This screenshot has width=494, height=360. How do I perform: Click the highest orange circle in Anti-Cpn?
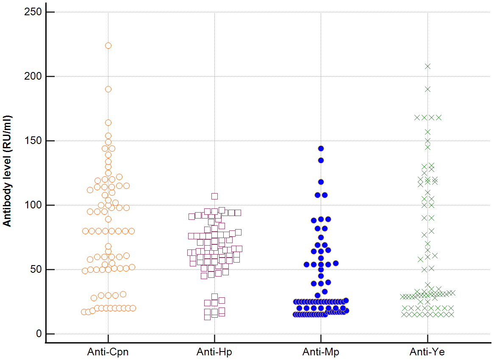(x=108, y=46)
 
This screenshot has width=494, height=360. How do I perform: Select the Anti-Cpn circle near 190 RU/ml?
(x=108, y=89)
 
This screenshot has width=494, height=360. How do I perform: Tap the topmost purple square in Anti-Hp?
(x=214, y=196)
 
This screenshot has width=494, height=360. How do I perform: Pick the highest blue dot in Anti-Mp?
(x=321, y=149)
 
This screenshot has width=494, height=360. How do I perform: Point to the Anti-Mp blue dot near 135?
(x=321, y=161)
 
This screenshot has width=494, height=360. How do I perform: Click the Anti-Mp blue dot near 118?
(x=321, y=182)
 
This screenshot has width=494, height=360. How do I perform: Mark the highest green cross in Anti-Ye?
(x=427, y=66)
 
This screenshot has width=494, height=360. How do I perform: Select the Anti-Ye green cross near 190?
(x=427, y=89)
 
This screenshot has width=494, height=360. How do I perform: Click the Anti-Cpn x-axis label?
(x=108, y=352)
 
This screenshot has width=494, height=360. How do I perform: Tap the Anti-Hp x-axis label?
(x=214, y=352)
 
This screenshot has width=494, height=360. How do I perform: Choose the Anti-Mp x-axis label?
(x=321, y=352)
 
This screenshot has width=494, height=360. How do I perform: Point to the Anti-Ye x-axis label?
(x=427, y=352)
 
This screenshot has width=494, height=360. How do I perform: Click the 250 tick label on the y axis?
(x=32, y=12)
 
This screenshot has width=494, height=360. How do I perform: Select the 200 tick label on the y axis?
(x=32, y=77)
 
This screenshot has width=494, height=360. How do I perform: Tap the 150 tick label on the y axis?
(x=32, y=141)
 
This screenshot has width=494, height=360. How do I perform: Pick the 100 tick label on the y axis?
(x=32, y=205)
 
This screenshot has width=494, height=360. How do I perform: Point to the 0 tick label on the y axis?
(x=39, y=334)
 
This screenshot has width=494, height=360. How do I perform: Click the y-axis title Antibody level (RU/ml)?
(x=7, y=171)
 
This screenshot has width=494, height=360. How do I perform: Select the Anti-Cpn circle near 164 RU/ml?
(x=108, y=123)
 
